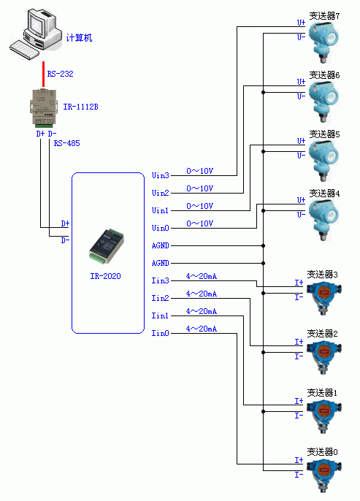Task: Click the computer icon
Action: point(35,34)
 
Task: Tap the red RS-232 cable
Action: point(43,74)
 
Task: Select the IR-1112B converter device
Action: point(44,107)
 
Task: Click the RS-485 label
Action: point(66,143)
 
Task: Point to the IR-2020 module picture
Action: point(107,246)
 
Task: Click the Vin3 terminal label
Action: point(160,175)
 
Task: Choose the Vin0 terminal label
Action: point(160,228)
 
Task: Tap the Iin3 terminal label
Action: point(160,280)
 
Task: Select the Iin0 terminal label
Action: point(160,333)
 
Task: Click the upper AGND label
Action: point(160,245)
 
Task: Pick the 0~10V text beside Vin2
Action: point(199,188)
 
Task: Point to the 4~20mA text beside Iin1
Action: point(202,311)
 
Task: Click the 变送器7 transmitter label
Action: point(324,15)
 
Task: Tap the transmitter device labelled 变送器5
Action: point(324,161)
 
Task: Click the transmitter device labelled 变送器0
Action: point(324,475)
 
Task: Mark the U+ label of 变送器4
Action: point(301,200)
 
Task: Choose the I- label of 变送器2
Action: point(299,356)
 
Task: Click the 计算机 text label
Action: point(79,38)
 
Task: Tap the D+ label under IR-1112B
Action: point(40,134)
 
